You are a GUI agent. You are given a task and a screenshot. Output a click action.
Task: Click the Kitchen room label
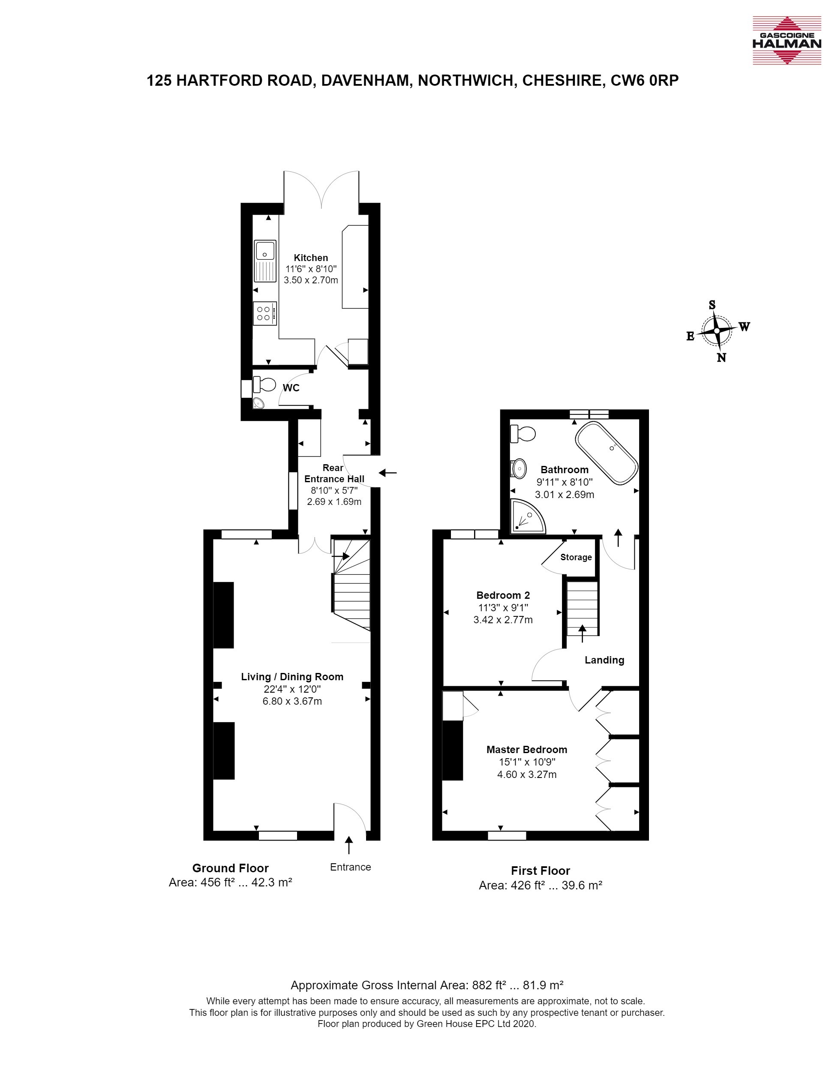tap(311, 258)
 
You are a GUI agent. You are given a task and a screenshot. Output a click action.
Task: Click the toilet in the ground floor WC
tap(265, 384)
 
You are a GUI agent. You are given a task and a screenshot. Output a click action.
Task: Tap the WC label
tap(291, 387)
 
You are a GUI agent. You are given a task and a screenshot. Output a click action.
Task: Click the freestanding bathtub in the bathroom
tap(607, 453)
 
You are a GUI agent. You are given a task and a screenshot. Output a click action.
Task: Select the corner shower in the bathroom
tap(528, 516)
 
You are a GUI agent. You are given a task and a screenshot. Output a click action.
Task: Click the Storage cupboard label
tap(576, 557)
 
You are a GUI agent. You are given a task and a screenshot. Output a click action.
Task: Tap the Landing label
tap(604, 660)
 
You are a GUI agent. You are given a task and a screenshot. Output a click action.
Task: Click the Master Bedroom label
tap(527, 749)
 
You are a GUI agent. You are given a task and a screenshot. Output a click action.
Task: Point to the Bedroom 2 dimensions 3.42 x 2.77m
tap(503, 620)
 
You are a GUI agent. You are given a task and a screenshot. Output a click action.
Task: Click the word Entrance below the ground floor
tap(351, 867)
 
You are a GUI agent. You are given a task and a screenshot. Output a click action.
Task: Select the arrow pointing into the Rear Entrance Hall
tap(388, 472)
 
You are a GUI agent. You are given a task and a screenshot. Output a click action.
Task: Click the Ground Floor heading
tap(231, 868)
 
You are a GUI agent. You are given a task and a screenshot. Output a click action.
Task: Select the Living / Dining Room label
tap(292, 677)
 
